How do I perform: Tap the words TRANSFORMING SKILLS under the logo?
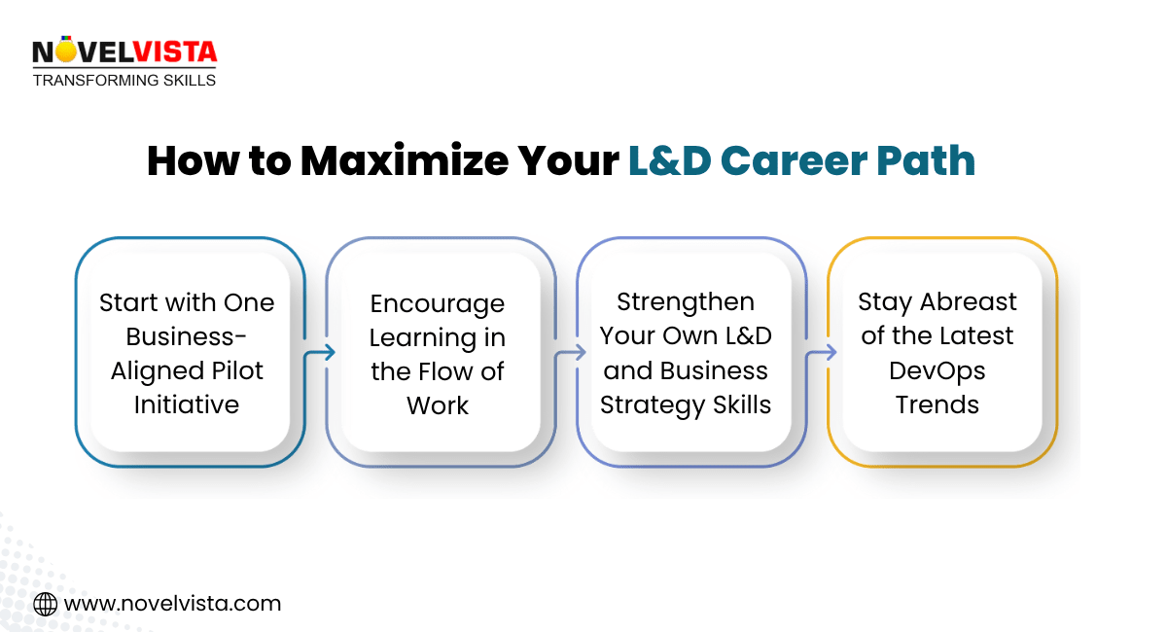124,80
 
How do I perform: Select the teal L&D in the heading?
670,161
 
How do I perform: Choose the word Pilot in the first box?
238,370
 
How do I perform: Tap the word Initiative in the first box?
186,404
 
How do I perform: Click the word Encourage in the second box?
438,304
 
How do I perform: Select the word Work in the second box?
438,405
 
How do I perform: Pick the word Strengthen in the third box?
686,302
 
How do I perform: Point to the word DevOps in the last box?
937,370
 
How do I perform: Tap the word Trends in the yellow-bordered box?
937,404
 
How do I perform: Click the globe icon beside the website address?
45,604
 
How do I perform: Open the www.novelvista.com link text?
172,604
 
